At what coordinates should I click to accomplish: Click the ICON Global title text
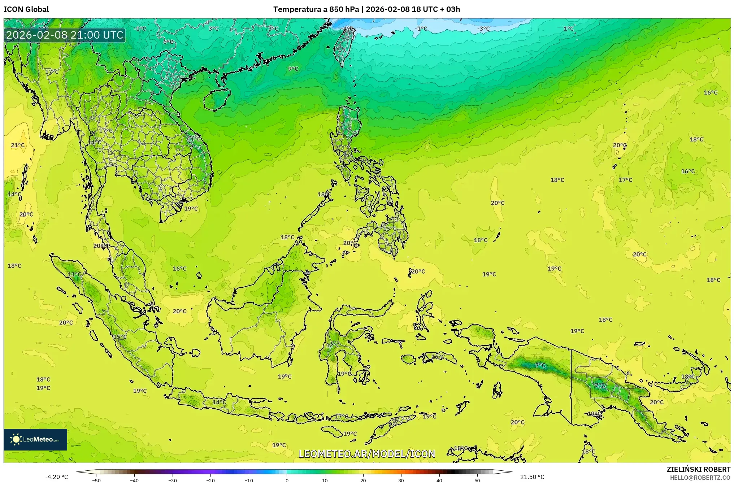click(26, 9)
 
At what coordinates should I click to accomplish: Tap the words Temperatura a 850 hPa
click(316, 9)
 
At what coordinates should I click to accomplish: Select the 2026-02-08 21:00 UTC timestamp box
click(65, 35)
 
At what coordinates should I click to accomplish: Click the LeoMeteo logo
click(35, 439)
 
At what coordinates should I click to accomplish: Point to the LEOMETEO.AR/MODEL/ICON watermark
click(367, 454)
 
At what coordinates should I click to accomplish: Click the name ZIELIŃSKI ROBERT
click(698, 469)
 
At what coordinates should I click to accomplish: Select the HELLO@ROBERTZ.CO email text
click(700, 478)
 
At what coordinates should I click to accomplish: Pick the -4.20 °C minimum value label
click(56, 477)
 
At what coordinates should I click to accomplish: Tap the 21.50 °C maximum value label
click(532, 477)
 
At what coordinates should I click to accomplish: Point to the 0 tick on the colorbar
click(287, 480)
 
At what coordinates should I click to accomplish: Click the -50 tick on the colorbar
click(96, 480)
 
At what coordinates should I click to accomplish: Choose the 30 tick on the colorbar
click(401, 480)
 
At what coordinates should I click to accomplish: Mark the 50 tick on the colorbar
click(477, 480)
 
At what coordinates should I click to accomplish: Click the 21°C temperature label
click(18, 145)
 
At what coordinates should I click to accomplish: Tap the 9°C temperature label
click(293, 69)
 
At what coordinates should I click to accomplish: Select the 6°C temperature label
click(168, 42)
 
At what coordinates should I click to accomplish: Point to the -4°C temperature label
click(348, 29)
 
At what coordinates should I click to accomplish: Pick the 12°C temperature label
click(333, 345)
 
